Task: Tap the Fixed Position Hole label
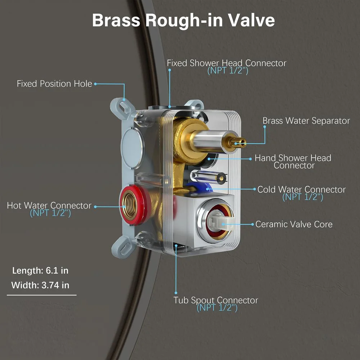click(54, 84)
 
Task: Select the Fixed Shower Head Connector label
click(226, 63)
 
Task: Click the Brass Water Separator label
click(306, 121)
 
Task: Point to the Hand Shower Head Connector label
click(293, 162)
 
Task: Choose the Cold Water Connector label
click(301, 189)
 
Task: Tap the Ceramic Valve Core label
click(294, 224)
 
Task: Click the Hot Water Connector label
click(49, 206)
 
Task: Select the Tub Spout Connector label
click(216, 300)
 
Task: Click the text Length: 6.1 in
click(40, 270)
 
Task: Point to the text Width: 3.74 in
click(40, 285)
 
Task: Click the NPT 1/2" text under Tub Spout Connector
click(217, 308)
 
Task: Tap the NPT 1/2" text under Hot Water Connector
click(50, 213)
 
